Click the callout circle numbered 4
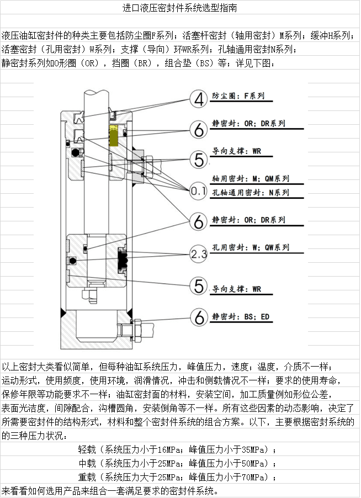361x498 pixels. click(199, 99)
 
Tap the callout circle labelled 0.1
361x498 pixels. click(199, 192)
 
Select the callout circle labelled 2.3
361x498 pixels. click(199, 253)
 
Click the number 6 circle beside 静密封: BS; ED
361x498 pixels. click(199, 317)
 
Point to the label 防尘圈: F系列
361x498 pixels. click(238, 96)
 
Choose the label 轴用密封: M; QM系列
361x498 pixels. click(251, 179)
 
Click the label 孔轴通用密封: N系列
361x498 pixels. click(251, 193)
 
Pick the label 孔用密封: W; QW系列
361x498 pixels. click(251, 247)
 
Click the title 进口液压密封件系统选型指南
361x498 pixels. click(180, 8)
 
